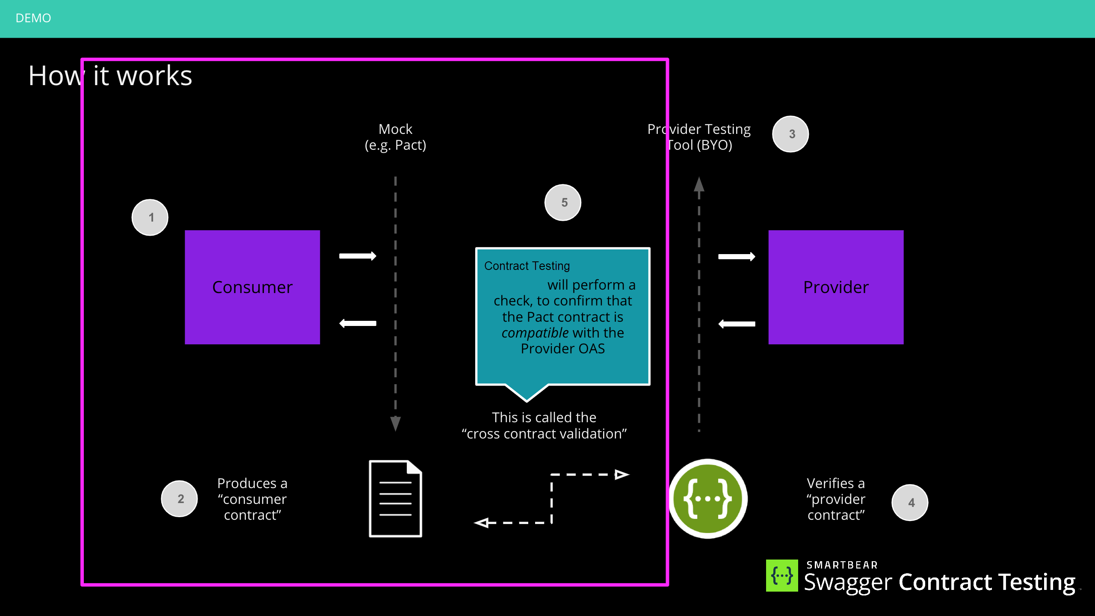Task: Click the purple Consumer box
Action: click(252, 287)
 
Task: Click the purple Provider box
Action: click(835, 287)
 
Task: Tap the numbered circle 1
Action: click(150, 217)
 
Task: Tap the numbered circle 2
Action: click(180, 499)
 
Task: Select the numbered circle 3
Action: click(790, 134)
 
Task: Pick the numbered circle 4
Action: click(910, 503)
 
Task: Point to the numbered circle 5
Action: click(563, 202)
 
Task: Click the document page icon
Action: click(395, 499)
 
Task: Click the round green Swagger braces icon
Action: click(708, 499)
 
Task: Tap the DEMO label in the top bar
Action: click(33, 18)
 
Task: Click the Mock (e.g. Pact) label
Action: click(395, 137)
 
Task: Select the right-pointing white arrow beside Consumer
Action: click(358, 256)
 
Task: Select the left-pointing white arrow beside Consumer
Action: click(358, 323)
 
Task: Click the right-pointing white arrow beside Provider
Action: click(737, 257)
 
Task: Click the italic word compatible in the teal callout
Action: click(535, 333)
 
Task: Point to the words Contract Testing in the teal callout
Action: click(527, 266)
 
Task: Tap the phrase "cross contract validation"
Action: click(544, 434)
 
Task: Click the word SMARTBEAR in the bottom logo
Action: click(842, 565)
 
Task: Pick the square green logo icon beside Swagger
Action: click(782, 576)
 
